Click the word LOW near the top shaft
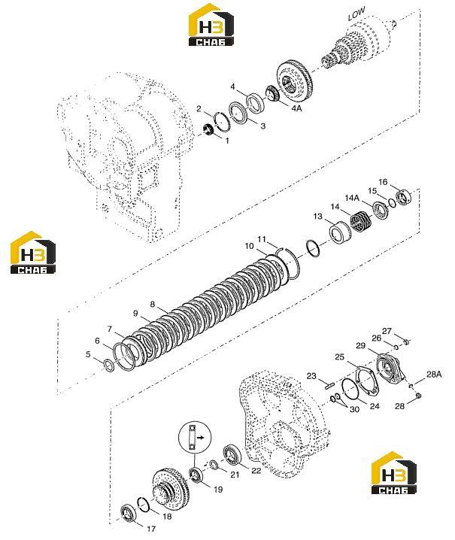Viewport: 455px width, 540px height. (x=356, y=14)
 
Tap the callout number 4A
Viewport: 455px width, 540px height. (x=296, y=108)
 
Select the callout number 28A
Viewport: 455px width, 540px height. (x=434, y=375)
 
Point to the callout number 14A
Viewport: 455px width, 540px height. (x=352, y=198)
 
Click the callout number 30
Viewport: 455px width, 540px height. (x=354, y=409)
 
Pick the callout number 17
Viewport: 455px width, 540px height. (x=151, y=529)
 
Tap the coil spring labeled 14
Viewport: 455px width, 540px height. (x=361, y=221)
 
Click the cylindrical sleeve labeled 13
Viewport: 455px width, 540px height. (x=340, y=232)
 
